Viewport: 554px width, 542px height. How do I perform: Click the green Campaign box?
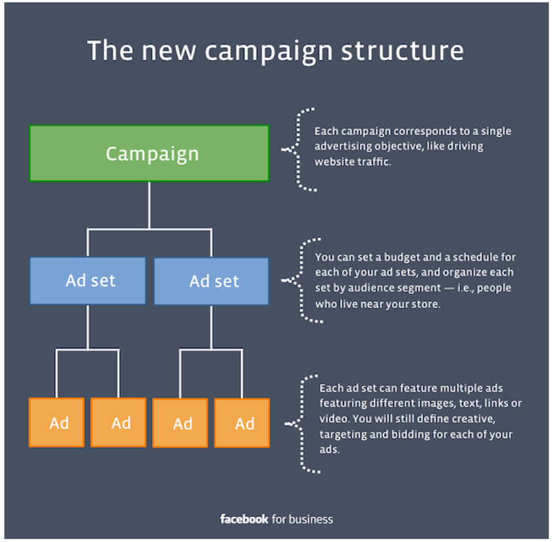coord(149,153)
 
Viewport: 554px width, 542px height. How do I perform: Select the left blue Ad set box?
coord(87,280)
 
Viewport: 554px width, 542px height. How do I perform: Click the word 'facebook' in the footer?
coord(244,519)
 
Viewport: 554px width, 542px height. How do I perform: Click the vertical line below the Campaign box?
coord(149,205)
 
